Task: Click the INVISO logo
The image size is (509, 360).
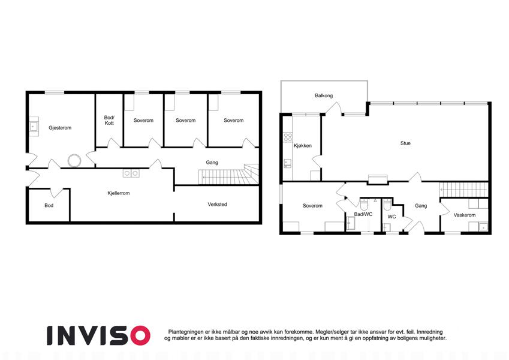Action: (x=98, y=335)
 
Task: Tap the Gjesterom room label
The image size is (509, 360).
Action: (x=60, y=128)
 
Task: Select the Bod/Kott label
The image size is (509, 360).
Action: (x=109, y=120)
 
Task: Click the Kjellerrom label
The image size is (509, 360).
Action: (x=119, y=193)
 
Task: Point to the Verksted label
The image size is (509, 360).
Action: (x=217, y=205)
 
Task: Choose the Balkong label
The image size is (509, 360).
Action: (x=324, y=95)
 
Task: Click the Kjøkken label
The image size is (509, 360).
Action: (x=303, y=146)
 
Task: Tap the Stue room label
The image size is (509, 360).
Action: (x=405, y=143)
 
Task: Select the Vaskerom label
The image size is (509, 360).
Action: (x=465, y=215)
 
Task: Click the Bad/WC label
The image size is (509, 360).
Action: (x=363, y=214)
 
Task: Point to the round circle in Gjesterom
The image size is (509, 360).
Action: (x=74, y=161)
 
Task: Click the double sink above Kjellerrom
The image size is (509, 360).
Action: (x=131, y=173)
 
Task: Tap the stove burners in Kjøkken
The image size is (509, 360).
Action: (x=288, y=137)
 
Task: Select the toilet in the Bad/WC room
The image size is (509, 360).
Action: (x=365, y=204)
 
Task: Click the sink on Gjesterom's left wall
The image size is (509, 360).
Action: (x=34, y=127)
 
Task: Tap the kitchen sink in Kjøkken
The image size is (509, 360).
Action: (x=288, y=163)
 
